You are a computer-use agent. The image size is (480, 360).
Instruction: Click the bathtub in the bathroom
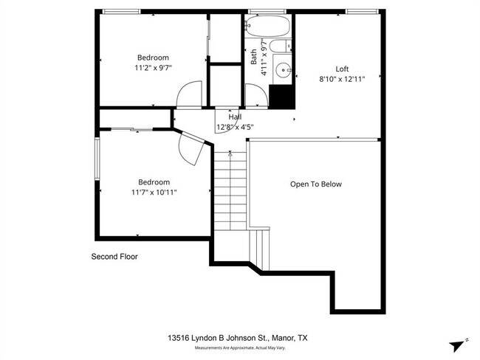[x=268, y=27]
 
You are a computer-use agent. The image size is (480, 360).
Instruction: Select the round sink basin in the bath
[x=281, y=71]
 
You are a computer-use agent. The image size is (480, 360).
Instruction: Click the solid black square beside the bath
[x=281, y=97]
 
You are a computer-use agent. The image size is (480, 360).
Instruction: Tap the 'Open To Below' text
[x=315, y=184]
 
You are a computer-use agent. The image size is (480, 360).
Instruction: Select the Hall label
[x=235, y=117]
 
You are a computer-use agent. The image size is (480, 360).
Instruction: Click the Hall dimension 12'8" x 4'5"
[x=235, y=127]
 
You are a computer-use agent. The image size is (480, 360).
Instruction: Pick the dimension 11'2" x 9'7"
[x=153, y=68]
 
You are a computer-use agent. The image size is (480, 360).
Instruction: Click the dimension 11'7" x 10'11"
[x=154, y=193]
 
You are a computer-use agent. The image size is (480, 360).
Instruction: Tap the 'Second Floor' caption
[x=114, y=257]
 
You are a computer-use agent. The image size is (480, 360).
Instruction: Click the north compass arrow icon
[x=458, y=345]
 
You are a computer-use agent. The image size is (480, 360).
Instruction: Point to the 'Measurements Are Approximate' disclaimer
[x=240, y=347]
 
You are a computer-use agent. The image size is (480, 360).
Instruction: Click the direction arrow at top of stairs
[x=230, y=154]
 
